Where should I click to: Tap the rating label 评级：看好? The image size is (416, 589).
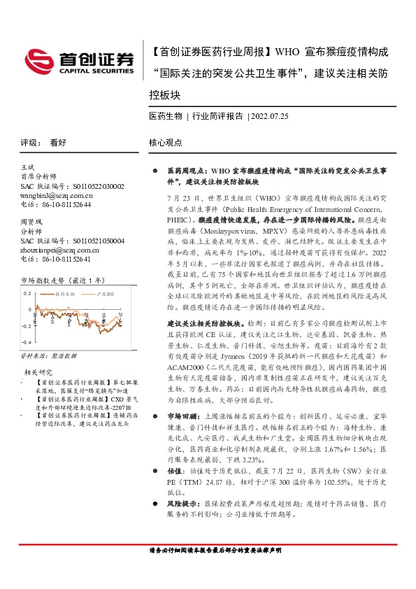[43, 142]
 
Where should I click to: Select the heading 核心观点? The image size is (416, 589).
[165, 142]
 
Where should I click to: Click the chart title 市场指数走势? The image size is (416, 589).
[48, 279]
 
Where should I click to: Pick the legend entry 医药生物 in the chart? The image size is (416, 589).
[64, 294]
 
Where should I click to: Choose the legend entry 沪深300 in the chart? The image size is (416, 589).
[105, 294]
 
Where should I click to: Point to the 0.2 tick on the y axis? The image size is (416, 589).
[27, 293]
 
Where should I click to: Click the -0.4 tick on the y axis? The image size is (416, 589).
[26, 343]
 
